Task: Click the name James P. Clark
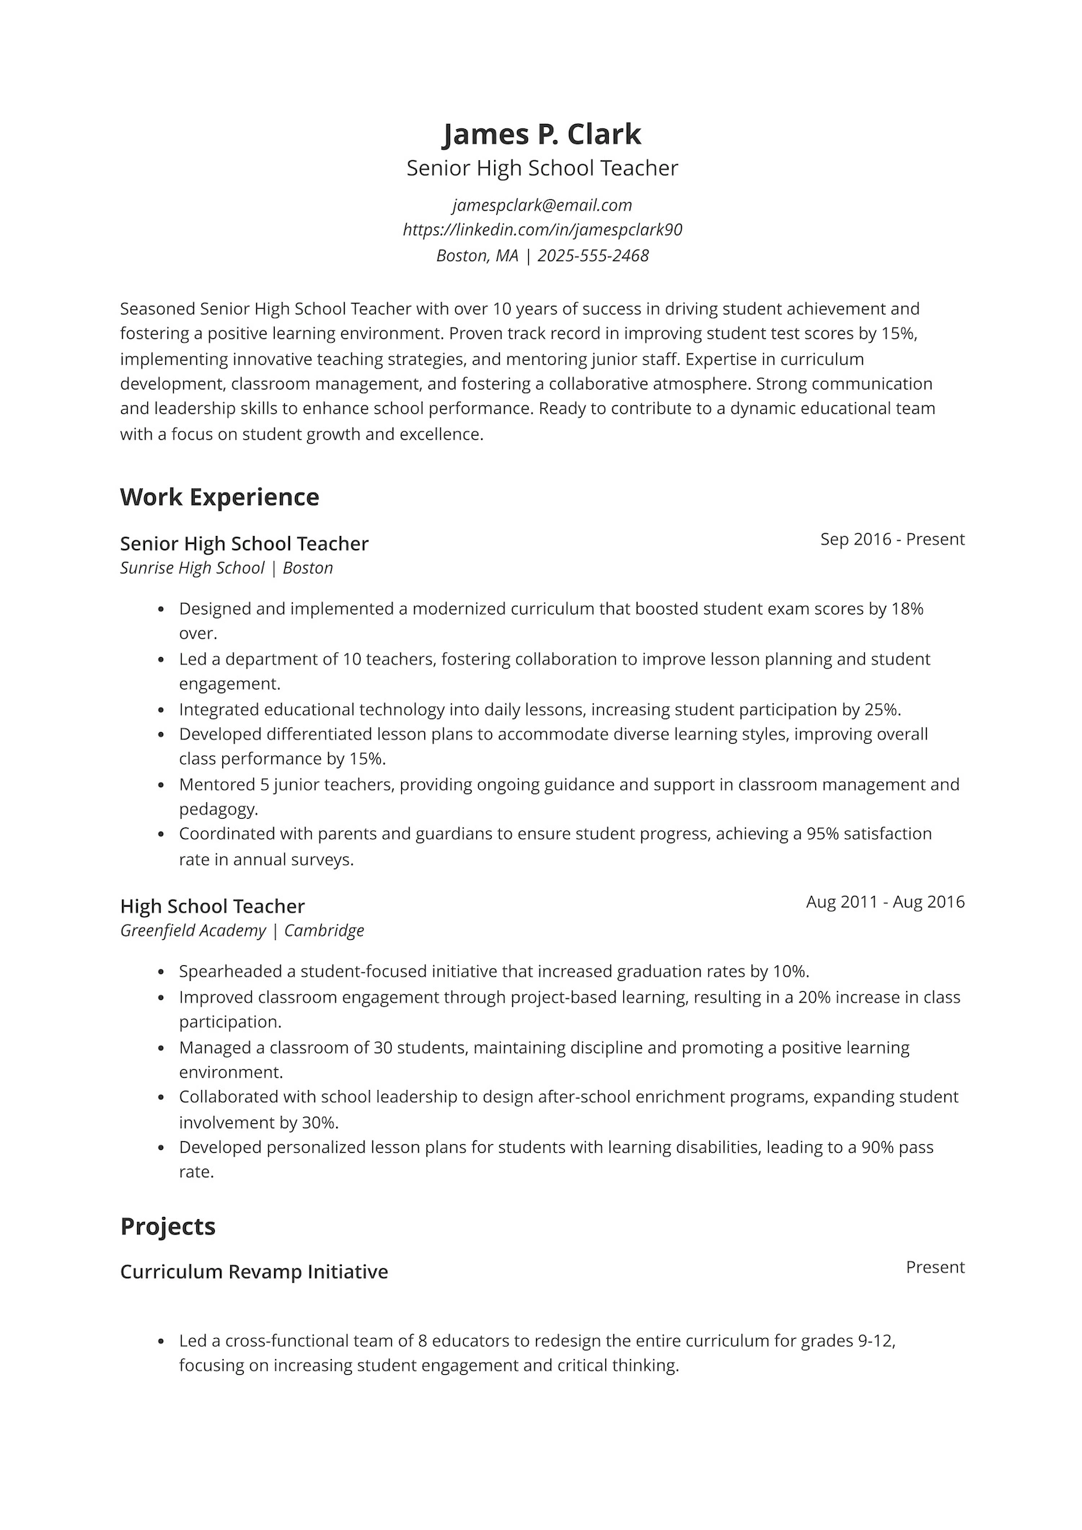click(x=541, y=135)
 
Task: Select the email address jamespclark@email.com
click(x=542, y=206)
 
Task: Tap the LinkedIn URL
click(x=542, y=230)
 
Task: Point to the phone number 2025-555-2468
click(x=593, y=256)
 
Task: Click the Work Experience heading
click(x=219, y=498)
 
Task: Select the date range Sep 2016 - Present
click(x=892, y=540)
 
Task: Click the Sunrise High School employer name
click(x=192, y=568)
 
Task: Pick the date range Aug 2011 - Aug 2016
click(x=884, y=902)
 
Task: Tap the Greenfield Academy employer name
click(x=193, y=931)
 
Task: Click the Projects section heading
click(x=167, y=1227)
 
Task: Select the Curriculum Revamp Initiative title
click(x=253, y=1272)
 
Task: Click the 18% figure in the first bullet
click(x=907, y=609)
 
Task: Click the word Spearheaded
click(x=230, y=972)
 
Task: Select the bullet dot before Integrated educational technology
click(x=161, y=711)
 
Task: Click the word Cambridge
click(x=324, y=931)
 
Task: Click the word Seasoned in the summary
click(x=157, y=309)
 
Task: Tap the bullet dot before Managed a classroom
click(x=161, y=1048)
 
